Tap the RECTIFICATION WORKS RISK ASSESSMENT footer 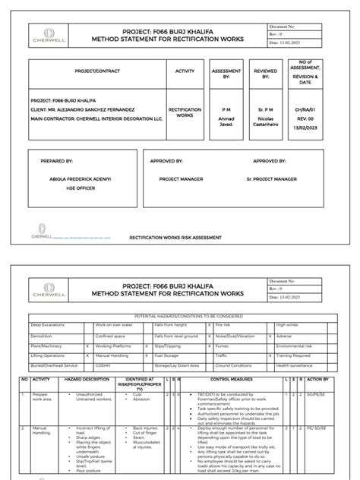click(x=175, y=237)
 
